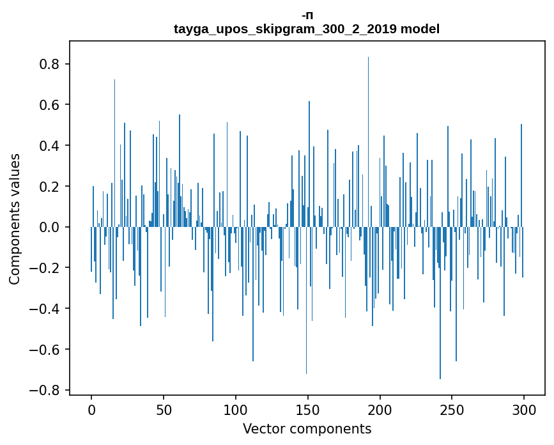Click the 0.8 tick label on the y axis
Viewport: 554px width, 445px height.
[50, 64]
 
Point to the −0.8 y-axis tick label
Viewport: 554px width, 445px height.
[47, 390]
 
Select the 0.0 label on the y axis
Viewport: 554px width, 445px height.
[50, 227]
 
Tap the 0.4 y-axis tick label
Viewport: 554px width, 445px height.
[50, 146]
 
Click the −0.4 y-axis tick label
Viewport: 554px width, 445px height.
[47, 309]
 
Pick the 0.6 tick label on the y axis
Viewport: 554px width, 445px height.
[50, 105]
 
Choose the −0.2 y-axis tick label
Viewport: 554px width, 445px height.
[47, 268]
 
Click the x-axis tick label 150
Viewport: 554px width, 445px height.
[308, 410]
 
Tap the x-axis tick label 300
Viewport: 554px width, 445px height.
[524, 410]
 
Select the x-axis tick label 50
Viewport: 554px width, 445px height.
[164, 410]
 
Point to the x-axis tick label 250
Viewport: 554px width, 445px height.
[452, 410]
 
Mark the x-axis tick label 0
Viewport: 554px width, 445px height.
[91, 410]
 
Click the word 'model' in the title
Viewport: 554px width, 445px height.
[420, 29]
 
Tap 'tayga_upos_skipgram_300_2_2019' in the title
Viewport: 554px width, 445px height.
[285, 29]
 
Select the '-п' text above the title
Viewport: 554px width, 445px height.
[307, 15]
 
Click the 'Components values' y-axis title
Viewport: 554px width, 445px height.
[15, 219]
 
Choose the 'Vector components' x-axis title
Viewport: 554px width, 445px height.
[307, 428]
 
